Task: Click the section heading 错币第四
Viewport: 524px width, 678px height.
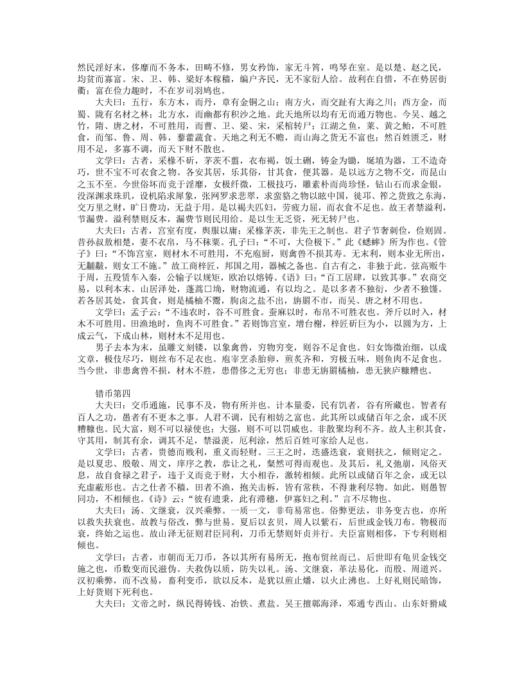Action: (114, 394)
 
